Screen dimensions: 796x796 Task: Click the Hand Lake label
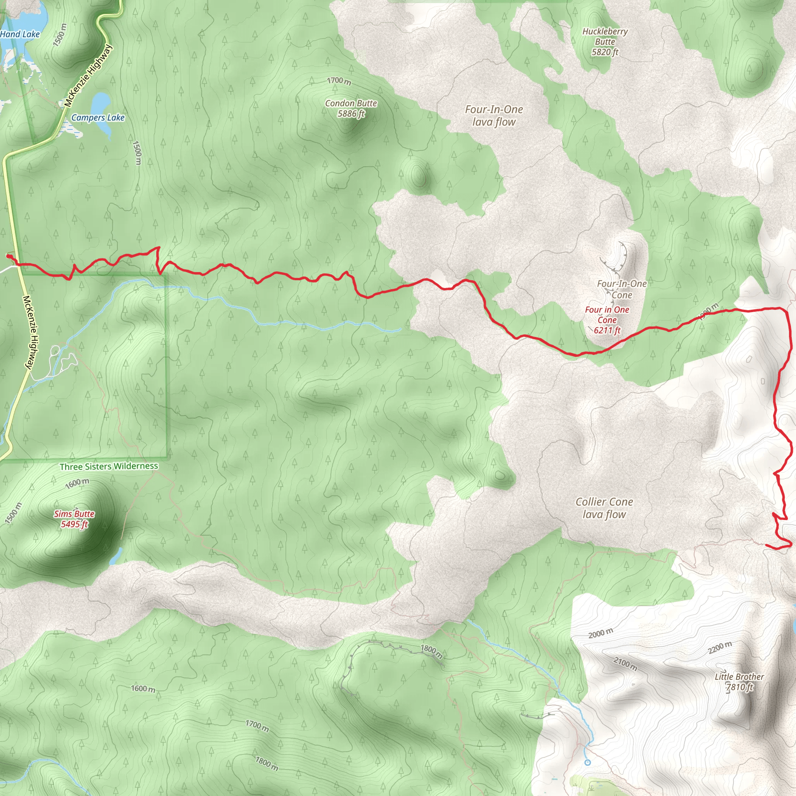pos(20,34)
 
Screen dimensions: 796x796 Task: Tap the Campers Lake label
pos(98,118)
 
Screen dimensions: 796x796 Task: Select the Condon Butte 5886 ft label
pos(351,108)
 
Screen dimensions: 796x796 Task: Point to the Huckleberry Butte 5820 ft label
pos(605,42)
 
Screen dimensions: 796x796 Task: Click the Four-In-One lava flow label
pos(494,116)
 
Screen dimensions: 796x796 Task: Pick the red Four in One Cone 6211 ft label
pos(607,320)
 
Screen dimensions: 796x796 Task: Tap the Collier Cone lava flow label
pos(604,508)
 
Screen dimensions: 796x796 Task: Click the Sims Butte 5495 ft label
pos(74,519)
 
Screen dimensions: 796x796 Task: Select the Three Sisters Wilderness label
pos(109,466)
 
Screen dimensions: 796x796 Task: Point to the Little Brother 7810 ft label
pos(739,682)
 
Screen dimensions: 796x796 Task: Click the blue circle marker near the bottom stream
pos(588,763)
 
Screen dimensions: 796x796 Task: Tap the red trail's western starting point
pos(8,256)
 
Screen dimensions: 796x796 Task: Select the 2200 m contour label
pos(720,647)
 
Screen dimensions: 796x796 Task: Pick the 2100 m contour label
pos(625,664)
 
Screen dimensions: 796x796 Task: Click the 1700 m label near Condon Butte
pos(339,81)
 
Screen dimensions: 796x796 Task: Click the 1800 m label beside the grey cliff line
pos(431,651)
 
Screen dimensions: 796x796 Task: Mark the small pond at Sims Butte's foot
pos(117,556)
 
